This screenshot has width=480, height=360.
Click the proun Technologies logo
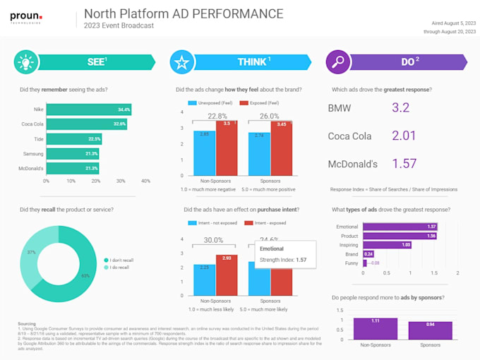(26, 16)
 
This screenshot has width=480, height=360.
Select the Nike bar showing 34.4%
(88, 109)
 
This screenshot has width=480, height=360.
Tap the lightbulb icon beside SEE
(26, 62)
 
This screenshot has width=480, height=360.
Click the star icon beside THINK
(181, 62)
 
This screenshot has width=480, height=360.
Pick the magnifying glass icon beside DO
(337, 62)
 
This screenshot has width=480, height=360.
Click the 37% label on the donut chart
(31, 252)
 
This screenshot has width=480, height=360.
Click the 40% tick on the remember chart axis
(145, 181)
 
